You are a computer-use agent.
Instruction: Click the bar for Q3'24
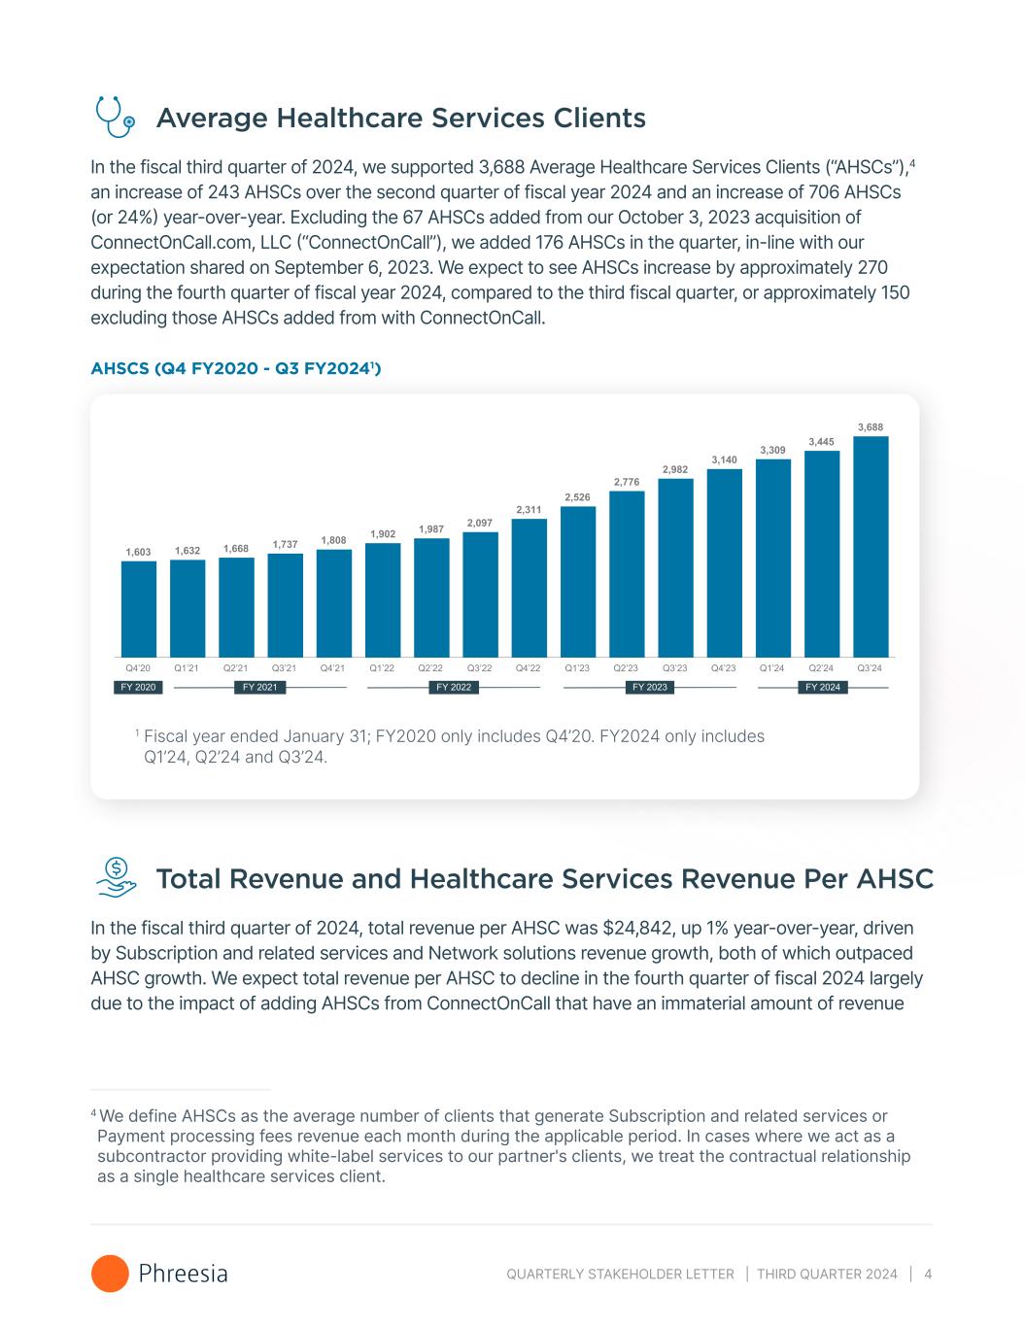[x=871, y=546]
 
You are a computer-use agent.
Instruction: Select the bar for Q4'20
[x=139, y=608]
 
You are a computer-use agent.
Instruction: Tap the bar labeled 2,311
[x=530, y=587]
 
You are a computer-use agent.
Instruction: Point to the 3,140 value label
[x=724, y=459]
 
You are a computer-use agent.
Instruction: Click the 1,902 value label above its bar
[x=383, y=533]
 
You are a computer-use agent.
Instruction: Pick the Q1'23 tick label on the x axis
[x=577, y=668]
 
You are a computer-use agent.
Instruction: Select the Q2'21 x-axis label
[x=236, y=668]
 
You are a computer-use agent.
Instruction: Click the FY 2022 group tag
[x=454, y=688]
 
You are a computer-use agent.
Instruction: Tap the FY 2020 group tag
[x=138, y=688]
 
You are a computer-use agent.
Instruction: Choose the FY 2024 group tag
[x=823, y=688]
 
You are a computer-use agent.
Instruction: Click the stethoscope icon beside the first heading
[x=114, y=118]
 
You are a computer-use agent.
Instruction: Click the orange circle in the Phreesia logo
[x=110, y=1274]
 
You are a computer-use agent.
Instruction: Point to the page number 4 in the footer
[x=929, y=1274]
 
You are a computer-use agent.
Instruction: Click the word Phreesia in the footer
[x=184, y=1274]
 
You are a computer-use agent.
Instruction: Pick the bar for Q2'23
[x=627, y=573]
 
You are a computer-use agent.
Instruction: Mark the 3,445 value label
[x=822, y=442]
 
